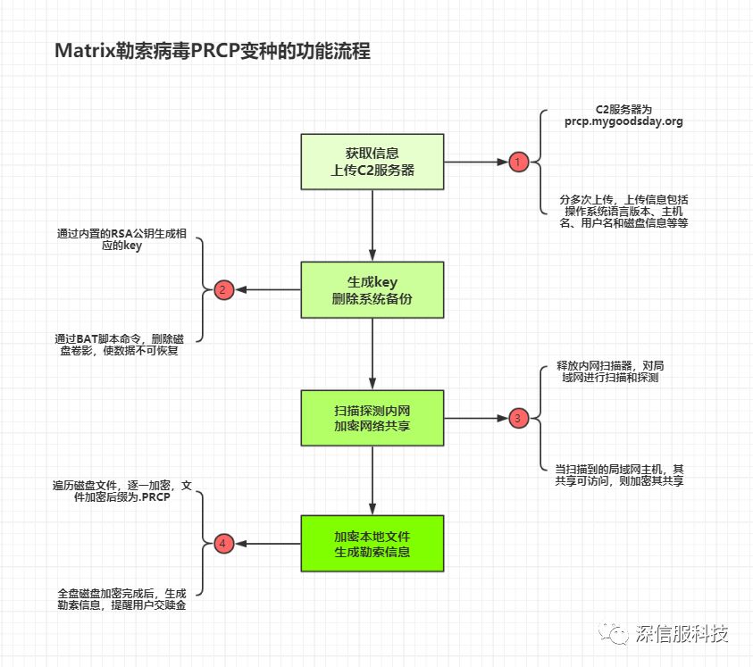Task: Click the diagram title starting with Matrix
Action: pos(213,52)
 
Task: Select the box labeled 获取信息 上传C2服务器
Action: pos(372,162)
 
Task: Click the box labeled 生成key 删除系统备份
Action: pos(372,289)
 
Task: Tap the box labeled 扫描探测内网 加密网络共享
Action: pos(372,417)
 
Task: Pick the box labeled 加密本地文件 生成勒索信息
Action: pos(372,543)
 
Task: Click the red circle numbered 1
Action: pos(518,162)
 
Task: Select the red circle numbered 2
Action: pos(224,289)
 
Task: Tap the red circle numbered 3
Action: pos(518,417)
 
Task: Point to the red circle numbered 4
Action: pos(224,543)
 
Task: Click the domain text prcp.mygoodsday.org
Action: pos(623,121)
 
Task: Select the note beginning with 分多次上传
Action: pos(623,211)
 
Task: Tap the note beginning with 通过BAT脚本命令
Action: pos(119,344)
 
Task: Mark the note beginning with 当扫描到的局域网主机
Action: pos(619,474)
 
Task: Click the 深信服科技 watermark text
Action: pos(682,634)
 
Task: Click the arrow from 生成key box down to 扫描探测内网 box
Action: pos(372,354)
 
